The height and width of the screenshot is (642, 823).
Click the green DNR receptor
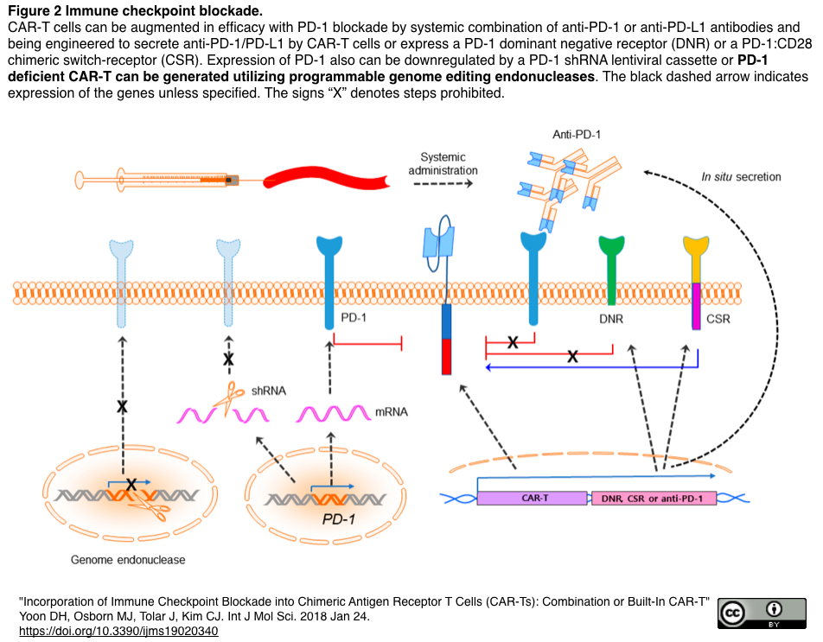[611, 270]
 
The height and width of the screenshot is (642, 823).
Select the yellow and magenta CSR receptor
[696, 283]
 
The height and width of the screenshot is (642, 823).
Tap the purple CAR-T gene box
[532, 499]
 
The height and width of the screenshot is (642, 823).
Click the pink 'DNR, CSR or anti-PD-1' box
[654, 499]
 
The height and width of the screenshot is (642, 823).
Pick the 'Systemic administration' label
[443, 163]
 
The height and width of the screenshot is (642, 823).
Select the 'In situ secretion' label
[741, 177]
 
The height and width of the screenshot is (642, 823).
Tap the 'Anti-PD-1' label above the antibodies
[577, 134]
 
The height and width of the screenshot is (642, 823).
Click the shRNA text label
[269, 391]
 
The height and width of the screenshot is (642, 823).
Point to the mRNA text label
[392, 412]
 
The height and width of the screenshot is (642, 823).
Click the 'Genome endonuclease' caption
[128, 560]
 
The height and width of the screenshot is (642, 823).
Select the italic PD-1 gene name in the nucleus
[339, 519]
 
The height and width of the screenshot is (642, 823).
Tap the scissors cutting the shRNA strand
[229, 397]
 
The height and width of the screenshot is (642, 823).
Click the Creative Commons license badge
[762, 613]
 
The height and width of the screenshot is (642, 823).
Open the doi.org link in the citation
[118, 631]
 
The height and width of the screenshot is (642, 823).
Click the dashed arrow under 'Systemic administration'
[443, 183]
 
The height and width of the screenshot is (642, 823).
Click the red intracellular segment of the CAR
[447, 357]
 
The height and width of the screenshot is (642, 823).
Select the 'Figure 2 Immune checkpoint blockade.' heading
[135, 10]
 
